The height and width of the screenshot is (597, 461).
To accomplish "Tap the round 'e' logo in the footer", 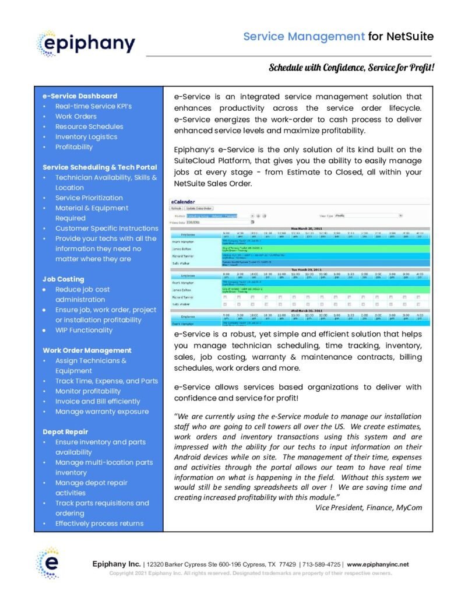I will [47, 563].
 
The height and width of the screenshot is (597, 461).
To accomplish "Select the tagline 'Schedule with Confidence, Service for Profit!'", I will [351, 68].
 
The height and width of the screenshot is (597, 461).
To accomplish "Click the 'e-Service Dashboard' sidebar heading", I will [80, 96].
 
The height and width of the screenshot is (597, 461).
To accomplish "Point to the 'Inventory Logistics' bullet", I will [86, 136].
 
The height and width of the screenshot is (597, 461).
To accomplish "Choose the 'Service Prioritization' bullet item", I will [89, 198].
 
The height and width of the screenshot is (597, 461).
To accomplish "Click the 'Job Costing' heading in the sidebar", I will [64, 279].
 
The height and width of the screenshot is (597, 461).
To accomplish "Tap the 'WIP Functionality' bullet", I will [84, 330].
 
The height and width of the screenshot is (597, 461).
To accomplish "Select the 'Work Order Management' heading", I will [87, 350].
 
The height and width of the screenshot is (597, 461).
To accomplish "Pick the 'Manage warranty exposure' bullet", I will [102, 412].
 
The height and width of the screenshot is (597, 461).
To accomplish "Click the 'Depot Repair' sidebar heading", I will [65, 432].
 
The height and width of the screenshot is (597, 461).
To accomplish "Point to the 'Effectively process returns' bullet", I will [99, 524].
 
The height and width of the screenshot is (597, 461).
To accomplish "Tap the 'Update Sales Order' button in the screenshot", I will [199, 208].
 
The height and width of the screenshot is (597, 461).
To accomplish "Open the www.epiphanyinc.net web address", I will [378, 564].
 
